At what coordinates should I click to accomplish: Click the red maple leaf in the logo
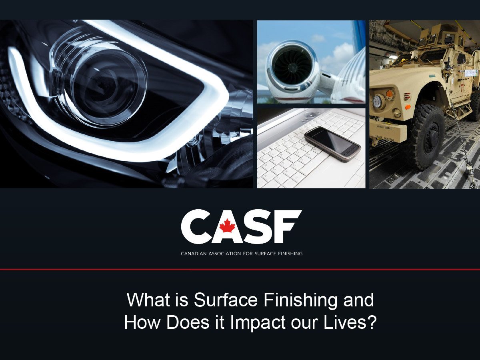(x=228, y=226)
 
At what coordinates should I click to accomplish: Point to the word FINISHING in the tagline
(x=290, y=254)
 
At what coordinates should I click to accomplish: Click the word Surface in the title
(x=226, y=300)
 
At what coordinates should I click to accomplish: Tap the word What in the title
(x=148, y=300)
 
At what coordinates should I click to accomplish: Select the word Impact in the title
(x=258, y=323)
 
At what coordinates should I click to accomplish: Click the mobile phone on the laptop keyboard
(x=333, y=144)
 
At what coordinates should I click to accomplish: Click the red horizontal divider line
(x=240, y=269)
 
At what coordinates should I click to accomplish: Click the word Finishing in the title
(x=300, y=301)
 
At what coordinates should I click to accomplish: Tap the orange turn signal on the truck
(x=390, y=94)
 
